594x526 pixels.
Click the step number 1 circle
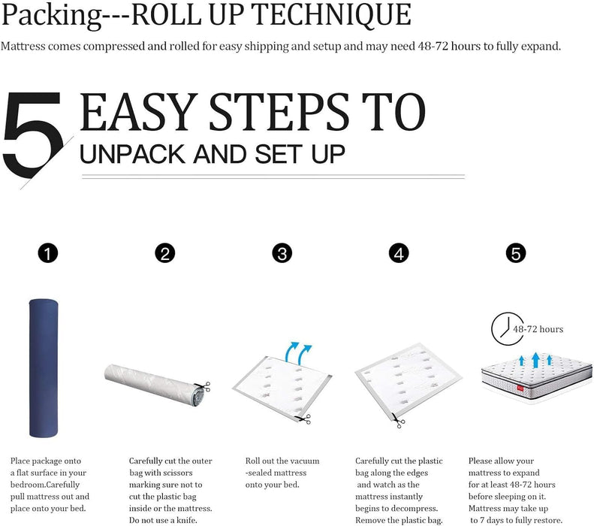48,252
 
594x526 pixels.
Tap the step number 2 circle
164,252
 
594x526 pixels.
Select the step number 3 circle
282,252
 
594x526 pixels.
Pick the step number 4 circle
399,252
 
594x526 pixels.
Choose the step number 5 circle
516,252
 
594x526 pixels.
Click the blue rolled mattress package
44,367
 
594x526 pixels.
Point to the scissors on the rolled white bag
205,386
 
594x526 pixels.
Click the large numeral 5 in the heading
33,135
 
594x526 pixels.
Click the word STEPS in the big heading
279,112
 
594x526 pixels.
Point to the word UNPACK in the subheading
132,154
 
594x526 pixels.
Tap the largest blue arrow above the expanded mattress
535,360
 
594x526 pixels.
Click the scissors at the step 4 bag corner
399,421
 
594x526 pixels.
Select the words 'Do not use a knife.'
163,520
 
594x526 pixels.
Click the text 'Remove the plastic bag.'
399,520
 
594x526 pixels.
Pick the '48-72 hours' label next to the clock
538,329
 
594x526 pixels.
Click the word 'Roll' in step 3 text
252,461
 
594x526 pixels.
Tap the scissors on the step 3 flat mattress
303,419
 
